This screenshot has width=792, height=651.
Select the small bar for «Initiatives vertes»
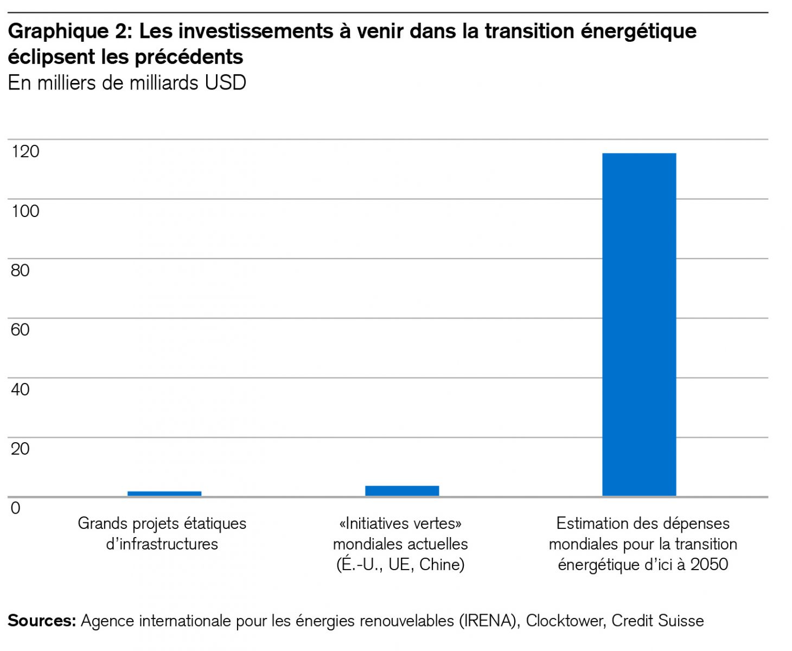[x=402, y=490]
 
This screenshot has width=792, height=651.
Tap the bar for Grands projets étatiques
[x=164, y=493]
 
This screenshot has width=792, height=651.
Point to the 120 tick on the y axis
[x=25, y=151]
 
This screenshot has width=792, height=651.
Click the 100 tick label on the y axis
[x=25, y=211]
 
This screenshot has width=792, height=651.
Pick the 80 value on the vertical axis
[x=20, y=270]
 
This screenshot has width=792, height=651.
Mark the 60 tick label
[x=20, y=330]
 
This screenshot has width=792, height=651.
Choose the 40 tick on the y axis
[x=20, y=390]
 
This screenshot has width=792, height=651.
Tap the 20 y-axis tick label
[x=20, y=449]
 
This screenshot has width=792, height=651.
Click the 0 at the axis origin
[x=15, y=508]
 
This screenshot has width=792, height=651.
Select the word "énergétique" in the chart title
[x=638, y=31]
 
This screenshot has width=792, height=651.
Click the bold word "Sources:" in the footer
[x=42, y=621]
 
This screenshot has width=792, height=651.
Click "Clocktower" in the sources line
[x=565, y=621]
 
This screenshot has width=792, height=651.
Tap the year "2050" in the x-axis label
[x=709, y=565]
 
